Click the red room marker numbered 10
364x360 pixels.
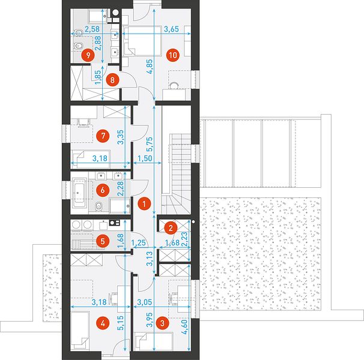click(173, 55)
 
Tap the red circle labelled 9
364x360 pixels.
click(88, 55)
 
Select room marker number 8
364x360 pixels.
click(112, 80)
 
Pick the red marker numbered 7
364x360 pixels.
click(103, 136)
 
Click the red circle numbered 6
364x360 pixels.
click(103, 190)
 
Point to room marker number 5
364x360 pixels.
click(103, 241)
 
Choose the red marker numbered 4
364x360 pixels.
click(103, 323)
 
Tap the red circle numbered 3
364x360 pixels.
click(162, 323)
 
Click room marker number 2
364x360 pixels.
click(171, 228)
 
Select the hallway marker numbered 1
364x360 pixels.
click(144, 204)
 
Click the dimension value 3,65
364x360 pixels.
click(171, 29)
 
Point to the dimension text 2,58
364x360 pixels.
click(92, 29)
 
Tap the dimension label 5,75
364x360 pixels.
click(150, 144)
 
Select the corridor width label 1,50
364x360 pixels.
click(145, 158)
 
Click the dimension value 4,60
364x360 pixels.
click(185, 327)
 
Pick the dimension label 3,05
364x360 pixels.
click(144, 302)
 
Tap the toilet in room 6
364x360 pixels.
click(99, 206)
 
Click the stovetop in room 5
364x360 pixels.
click(115, 223)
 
